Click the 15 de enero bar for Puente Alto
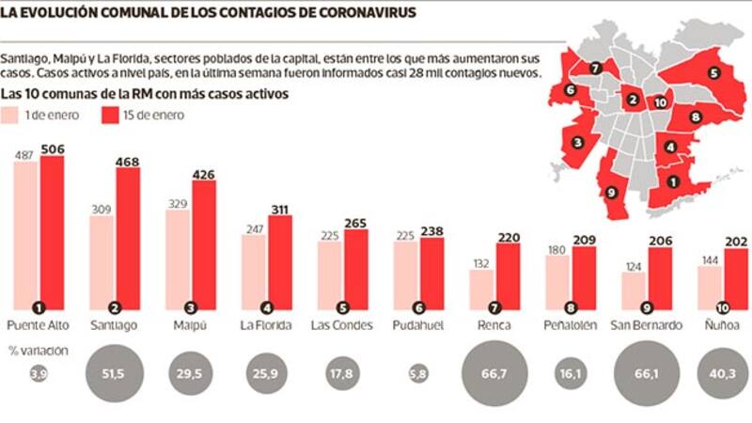[x=52, y=230]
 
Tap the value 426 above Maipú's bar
[x=203, y=171]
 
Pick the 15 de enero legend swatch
[x=108, y=116]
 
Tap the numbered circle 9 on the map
[x=611, y=192]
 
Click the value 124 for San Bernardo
[x=632, y=264]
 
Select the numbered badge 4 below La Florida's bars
[x=267, y=306]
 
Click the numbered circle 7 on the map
[x=596, y=68]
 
